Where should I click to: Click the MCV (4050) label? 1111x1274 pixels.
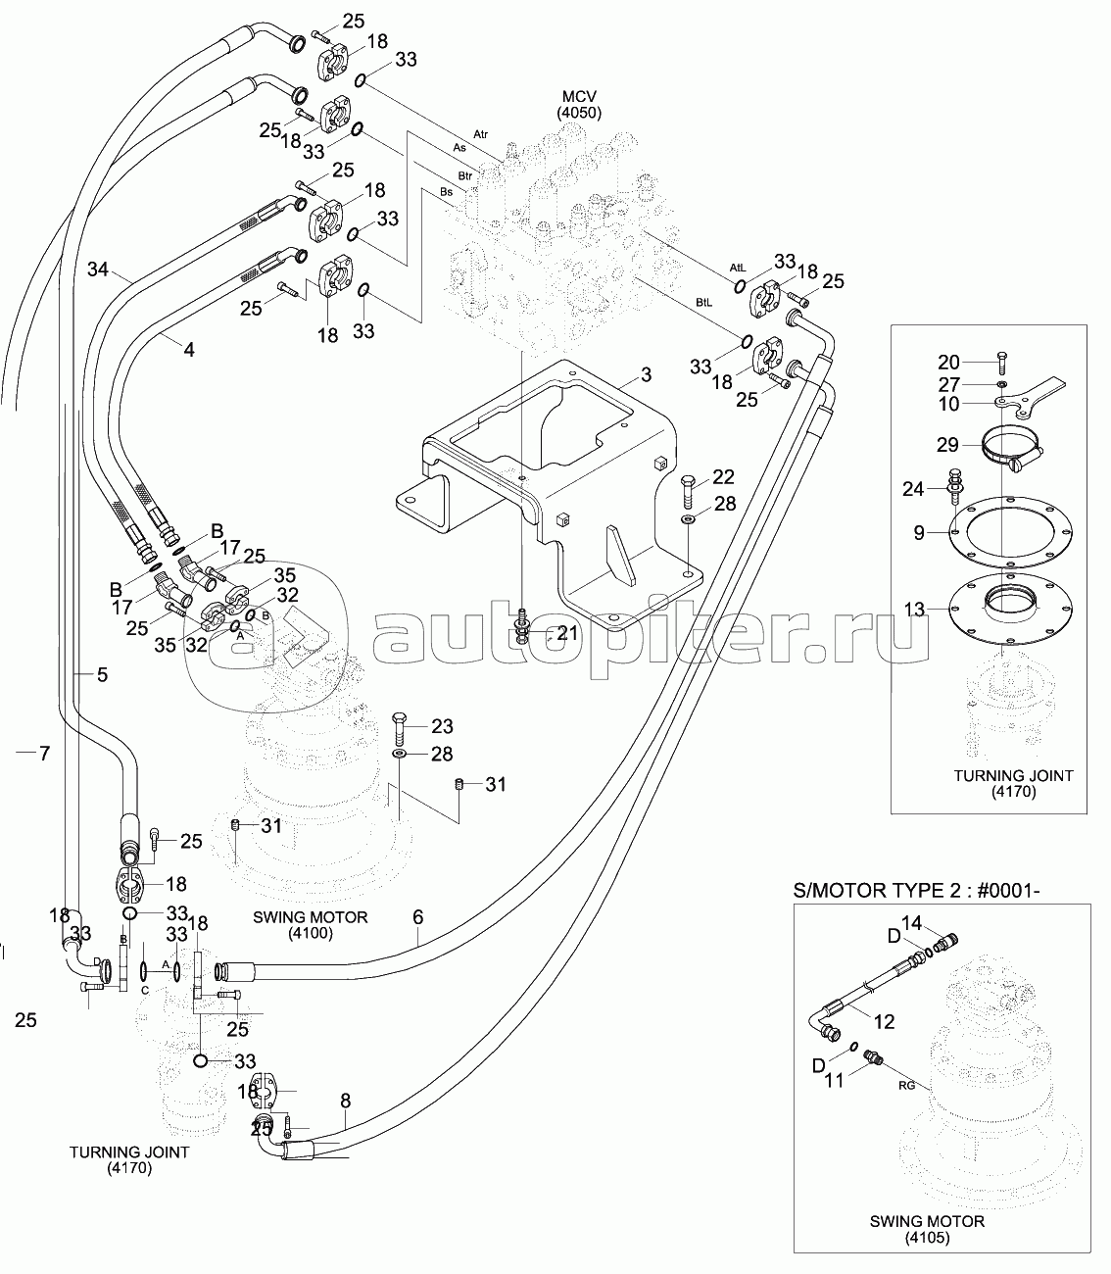(x=579, y=104)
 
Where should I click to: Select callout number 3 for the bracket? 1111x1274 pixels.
(x=646, y=374)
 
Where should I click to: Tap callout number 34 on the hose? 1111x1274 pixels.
(x=98, y=268)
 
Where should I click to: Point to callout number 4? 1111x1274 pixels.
(x=189, y=348)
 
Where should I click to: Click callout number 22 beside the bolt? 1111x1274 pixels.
(x=723, y=477)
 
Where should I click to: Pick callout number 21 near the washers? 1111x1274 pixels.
(x=567, y=633)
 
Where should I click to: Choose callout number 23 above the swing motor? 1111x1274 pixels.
(x=442, y=726)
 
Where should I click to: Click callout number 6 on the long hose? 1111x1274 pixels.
(x=418, y=917)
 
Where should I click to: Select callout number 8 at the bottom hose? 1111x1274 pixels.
(x=345, y=1100)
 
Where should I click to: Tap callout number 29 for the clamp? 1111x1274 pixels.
(x=947, y=444)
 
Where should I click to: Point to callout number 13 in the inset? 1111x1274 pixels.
(x=914, y=609)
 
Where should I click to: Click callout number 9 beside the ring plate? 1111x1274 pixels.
(x=919, y=533)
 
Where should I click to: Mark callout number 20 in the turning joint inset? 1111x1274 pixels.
(x=948, y=362)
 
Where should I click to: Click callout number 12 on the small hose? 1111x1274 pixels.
(x=884, y=1021)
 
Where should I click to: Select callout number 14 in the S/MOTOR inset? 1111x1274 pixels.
(x=911, y=921)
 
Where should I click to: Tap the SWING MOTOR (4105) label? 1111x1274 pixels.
(x=927, y=1230)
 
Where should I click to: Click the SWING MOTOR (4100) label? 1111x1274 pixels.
(x=311, y=925)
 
